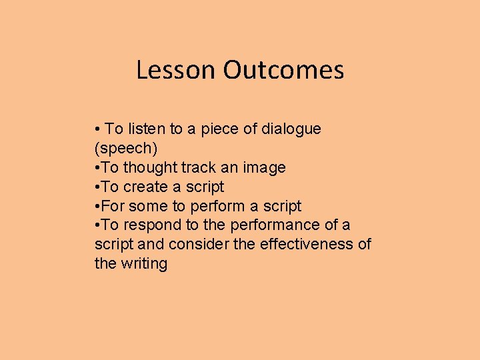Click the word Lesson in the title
pos(177,70)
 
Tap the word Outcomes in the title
pos(283,70)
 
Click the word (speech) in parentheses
pos(126,148)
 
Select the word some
pos(148,206)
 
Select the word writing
pos(144,263)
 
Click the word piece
pos(217,129)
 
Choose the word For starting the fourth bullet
pos(113,206)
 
